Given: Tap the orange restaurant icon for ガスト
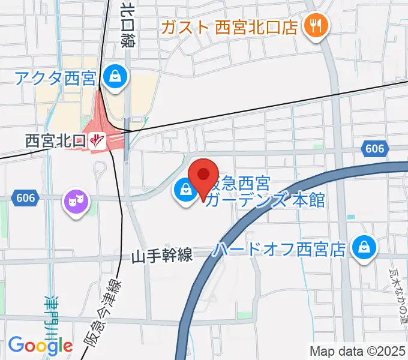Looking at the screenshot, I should tap(314, 26).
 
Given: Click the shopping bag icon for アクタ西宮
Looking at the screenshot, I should tap(113, 76).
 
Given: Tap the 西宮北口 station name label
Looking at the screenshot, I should tap(55, 140).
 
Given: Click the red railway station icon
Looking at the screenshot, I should tap(97, 141).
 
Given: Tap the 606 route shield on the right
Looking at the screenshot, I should tap(375, 148).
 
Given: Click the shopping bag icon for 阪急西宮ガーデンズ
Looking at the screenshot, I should tap(184, 191).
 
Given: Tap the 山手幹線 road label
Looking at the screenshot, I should tap(162, 256).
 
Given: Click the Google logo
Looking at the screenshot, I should tap(40, 346).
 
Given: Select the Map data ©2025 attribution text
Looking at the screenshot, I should tap(358, 351).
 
